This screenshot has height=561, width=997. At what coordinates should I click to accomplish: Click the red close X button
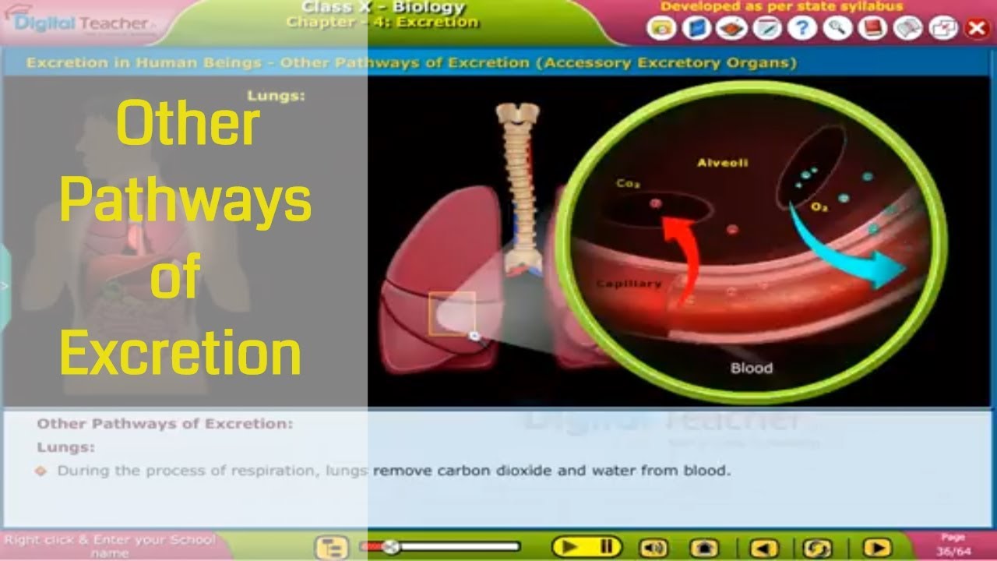(976, 29)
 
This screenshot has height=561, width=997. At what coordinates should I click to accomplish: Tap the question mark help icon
(801, 29)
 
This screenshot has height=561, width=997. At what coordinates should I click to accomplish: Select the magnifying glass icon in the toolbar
(837, 29)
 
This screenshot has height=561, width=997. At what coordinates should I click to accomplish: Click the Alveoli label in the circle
(722, 163)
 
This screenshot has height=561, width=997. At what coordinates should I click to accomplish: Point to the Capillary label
(629, 284)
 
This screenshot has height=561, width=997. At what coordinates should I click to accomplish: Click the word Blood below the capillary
(752, 367)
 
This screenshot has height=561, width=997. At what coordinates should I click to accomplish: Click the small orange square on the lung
(452, 313)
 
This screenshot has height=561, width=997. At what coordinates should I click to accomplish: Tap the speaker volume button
(653, 548)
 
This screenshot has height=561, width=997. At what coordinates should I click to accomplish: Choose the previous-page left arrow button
(763, 548)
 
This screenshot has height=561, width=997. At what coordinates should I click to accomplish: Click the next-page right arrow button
(876, 548)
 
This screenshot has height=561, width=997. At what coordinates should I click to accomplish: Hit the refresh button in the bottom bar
(817, 548)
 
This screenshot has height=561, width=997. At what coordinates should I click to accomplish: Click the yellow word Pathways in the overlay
(185, 202)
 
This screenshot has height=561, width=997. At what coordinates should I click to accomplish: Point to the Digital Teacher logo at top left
(82, 23)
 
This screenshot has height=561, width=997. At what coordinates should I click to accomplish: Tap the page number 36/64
(953, 552)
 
